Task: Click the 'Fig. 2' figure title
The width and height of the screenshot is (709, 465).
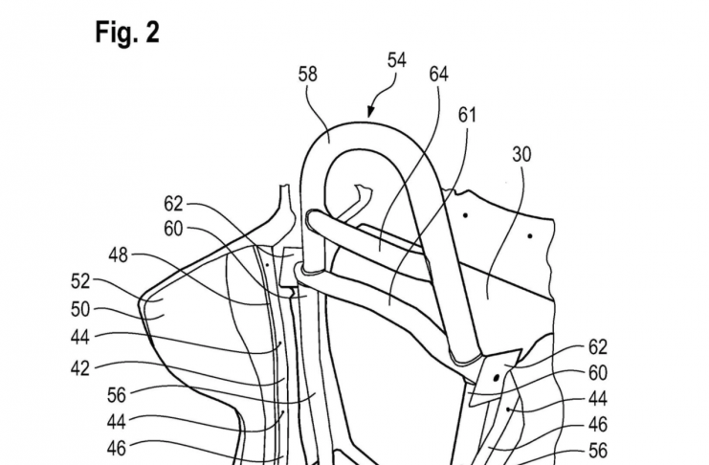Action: pos(127,33)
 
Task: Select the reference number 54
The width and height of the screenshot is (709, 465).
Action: pos(396,60)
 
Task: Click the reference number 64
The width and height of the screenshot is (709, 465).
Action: pos(439,74)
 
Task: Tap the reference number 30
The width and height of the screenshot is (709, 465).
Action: pos(522,154)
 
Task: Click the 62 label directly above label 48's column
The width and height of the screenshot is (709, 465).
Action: pos(174,203)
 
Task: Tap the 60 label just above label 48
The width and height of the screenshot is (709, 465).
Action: pos(174,229)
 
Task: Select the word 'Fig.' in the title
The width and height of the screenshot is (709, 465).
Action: pos(115,33)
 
